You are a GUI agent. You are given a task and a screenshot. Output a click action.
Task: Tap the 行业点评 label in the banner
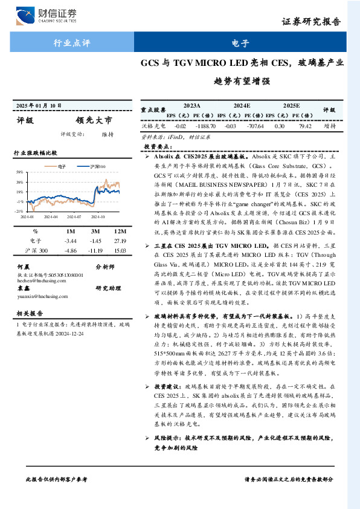(72, 44)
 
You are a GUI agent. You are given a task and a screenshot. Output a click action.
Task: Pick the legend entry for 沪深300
(97, 165)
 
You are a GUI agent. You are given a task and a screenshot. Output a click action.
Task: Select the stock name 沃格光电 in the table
(153, 126)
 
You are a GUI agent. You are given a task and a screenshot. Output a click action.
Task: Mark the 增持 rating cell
(329, 126)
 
